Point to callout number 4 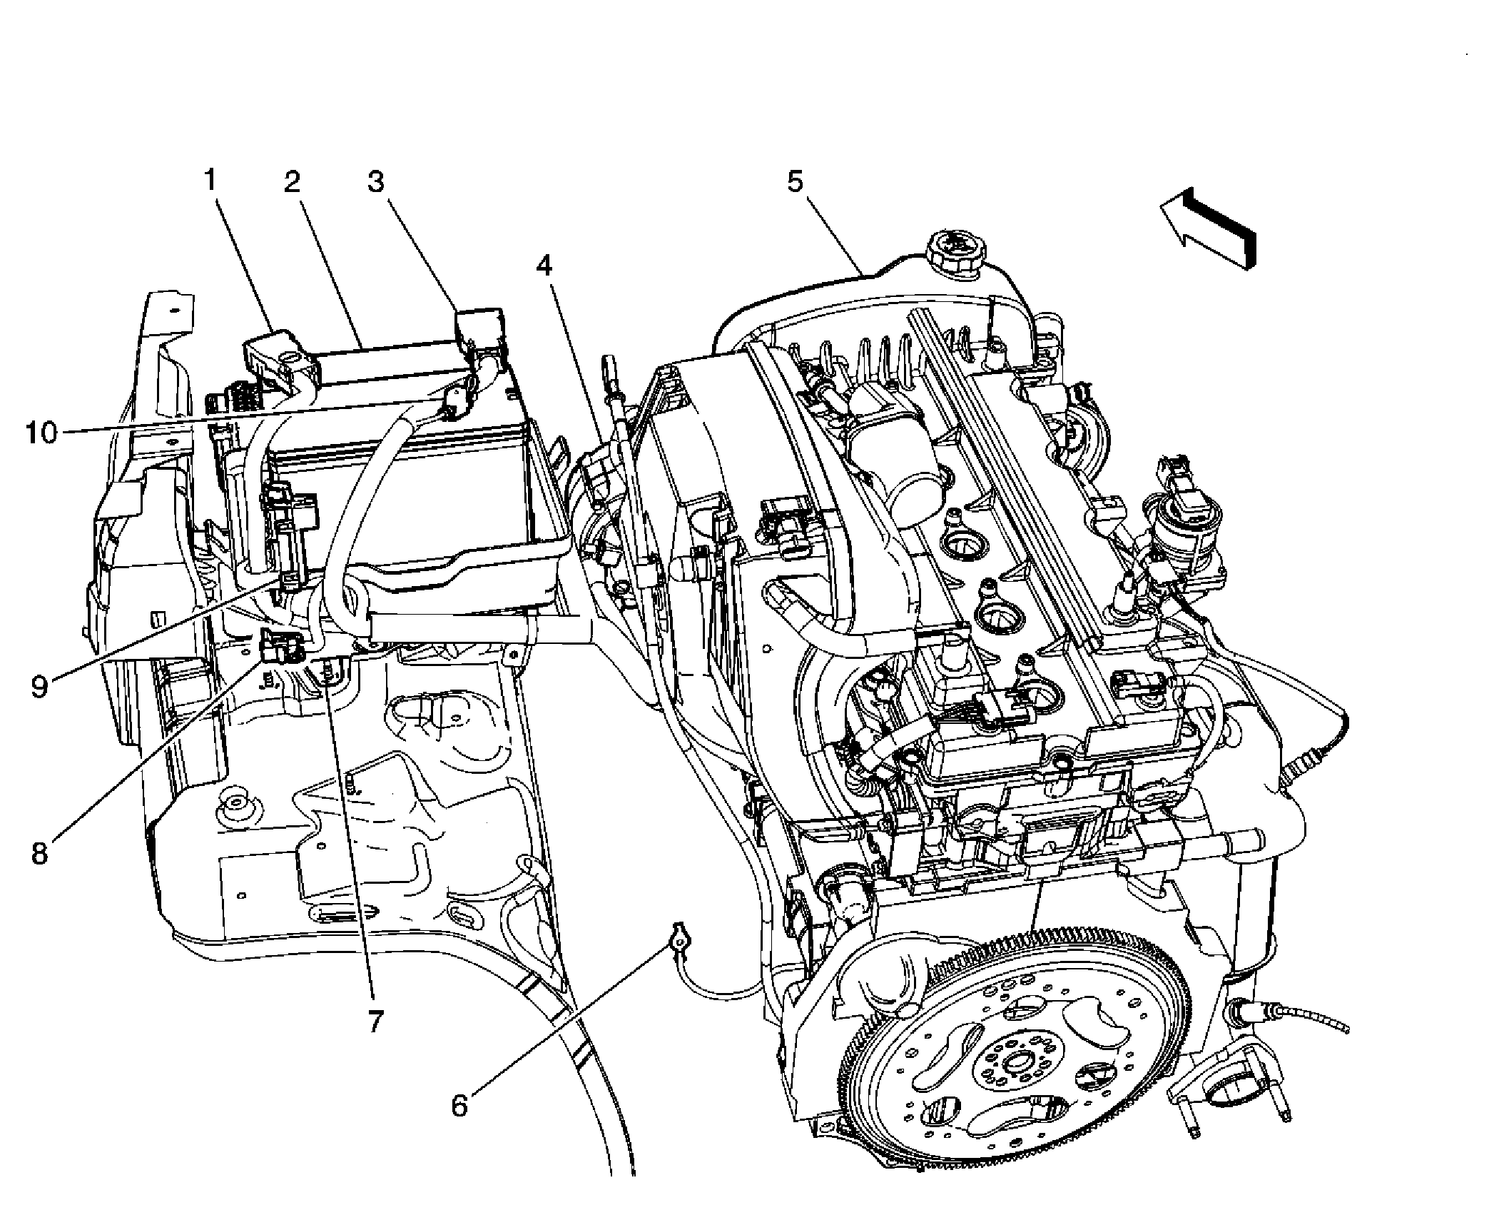coord(544,266)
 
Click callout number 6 coord(459,1106)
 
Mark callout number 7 coord(376,1021)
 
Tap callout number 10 coord(41,433)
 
